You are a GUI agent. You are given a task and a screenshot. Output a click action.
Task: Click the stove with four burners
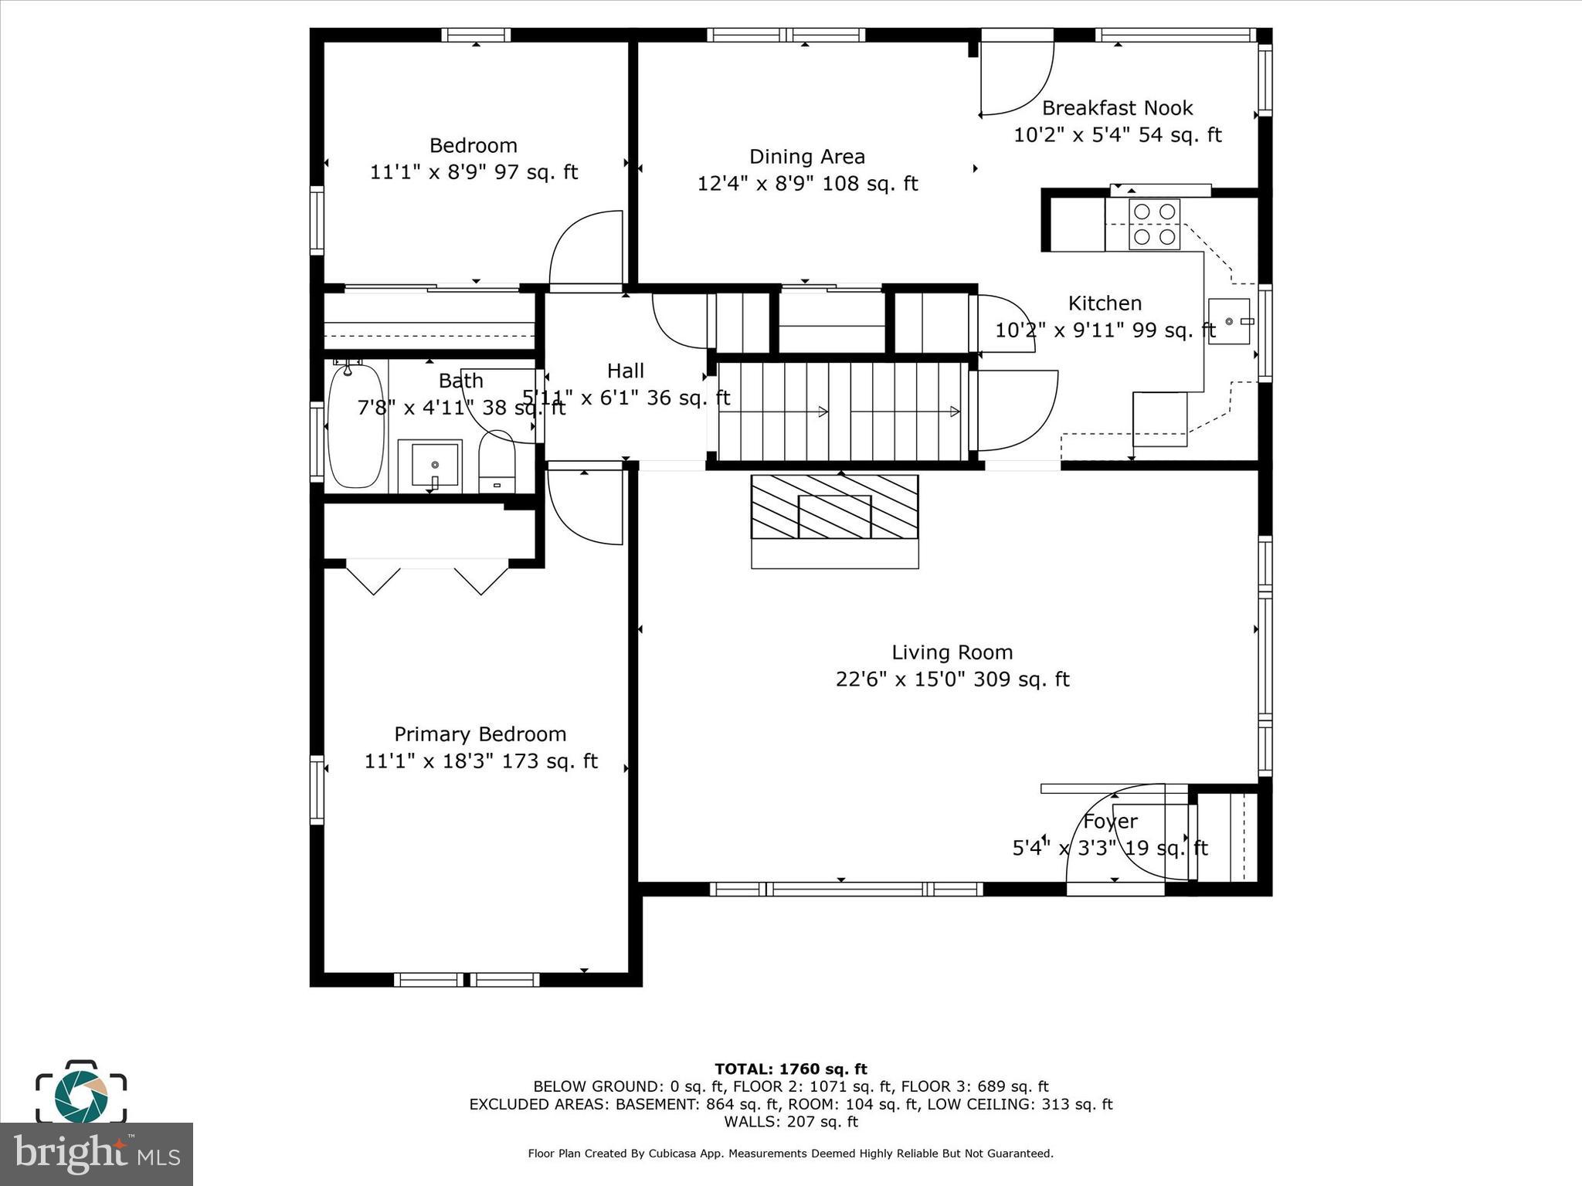(x=1154, y=225)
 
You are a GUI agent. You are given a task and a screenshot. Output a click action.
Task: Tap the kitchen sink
(x=1229, y=321)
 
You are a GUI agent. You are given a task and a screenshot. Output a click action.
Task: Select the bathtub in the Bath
(x=355, y=426)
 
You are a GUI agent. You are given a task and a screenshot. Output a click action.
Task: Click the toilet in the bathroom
(x=497, y=462)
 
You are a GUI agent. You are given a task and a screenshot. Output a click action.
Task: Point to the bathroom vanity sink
(x=430, y=466)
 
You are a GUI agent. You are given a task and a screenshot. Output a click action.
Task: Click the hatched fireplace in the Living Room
(x=834, y=507)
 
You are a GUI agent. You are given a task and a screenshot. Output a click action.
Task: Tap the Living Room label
(x=952, y=652)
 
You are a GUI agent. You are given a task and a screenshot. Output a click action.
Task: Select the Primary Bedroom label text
(x=480, y=734)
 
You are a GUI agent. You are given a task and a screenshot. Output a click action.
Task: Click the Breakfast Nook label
(x=1117, y=108)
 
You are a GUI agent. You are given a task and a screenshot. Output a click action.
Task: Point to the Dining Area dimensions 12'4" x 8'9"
(x=807, y=184)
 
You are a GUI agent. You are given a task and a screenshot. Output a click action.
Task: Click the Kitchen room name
(x=1105, y=303)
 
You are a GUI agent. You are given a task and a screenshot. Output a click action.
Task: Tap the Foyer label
(x=1110, y=822)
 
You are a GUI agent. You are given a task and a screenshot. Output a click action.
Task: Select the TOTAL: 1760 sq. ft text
(x=790, y=1069)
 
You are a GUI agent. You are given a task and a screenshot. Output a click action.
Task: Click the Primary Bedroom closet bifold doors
(x=427, y=579)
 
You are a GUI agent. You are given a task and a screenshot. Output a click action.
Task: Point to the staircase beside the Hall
(x=842, y=412)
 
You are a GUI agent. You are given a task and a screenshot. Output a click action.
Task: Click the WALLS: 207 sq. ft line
(x=790, y=1122)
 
